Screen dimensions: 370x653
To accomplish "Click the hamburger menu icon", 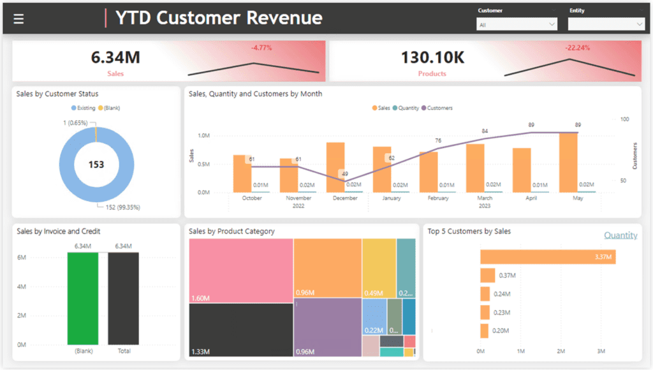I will tap(18, 19).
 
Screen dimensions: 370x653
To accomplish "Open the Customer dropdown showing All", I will tap(517, 24).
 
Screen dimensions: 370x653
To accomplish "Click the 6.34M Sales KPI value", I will tap(115, 57).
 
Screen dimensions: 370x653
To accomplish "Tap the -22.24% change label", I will tap(577, 48).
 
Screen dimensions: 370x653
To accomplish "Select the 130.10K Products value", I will tap(432, 57).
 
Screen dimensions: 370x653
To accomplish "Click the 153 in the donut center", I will tap(96, 165).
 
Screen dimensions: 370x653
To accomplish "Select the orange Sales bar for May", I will tap(568, 162).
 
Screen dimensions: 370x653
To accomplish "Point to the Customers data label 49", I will tap(345, 174).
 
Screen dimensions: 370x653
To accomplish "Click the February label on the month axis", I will tap(438, 198).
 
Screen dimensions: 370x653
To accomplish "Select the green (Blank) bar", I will tap(84, 299).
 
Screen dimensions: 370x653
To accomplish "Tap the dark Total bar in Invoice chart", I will tap(123, 299).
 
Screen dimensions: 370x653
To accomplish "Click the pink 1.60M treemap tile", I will tap(241, 270).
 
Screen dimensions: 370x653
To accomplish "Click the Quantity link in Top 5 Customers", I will tap(620, 235).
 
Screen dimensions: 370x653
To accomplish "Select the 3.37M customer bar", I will tap(547, 257).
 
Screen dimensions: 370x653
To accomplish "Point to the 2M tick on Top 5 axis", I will tap(561, 352).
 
